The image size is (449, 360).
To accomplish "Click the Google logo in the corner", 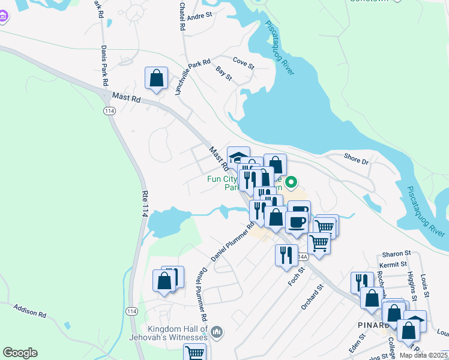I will [20, 353].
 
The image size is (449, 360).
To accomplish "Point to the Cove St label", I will [244, 61].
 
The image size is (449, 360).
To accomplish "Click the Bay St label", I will [224, 74].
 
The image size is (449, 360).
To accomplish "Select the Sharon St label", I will [396, 254].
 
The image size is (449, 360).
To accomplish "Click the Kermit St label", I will [393, 263].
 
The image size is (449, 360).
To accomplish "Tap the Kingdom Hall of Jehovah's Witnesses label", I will [178, 333].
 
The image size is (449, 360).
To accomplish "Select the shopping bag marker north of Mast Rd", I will [156, 79].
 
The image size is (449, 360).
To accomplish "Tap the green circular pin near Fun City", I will [292, 181].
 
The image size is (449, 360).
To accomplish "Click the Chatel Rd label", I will [181, 16].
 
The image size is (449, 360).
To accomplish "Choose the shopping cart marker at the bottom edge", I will [194, 353].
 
